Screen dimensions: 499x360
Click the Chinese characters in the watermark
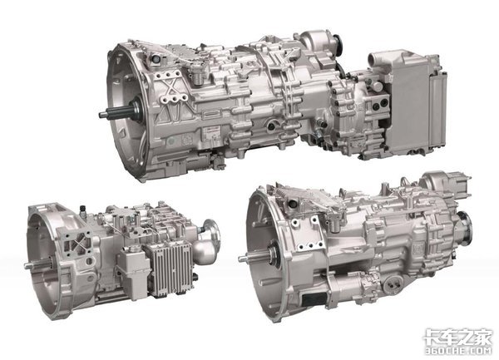coord(457,337)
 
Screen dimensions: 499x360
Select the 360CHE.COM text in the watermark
coord(458,351)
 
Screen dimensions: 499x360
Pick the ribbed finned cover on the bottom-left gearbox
coord(172,269)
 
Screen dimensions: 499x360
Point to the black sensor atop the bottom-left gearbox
coord(83,209)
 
